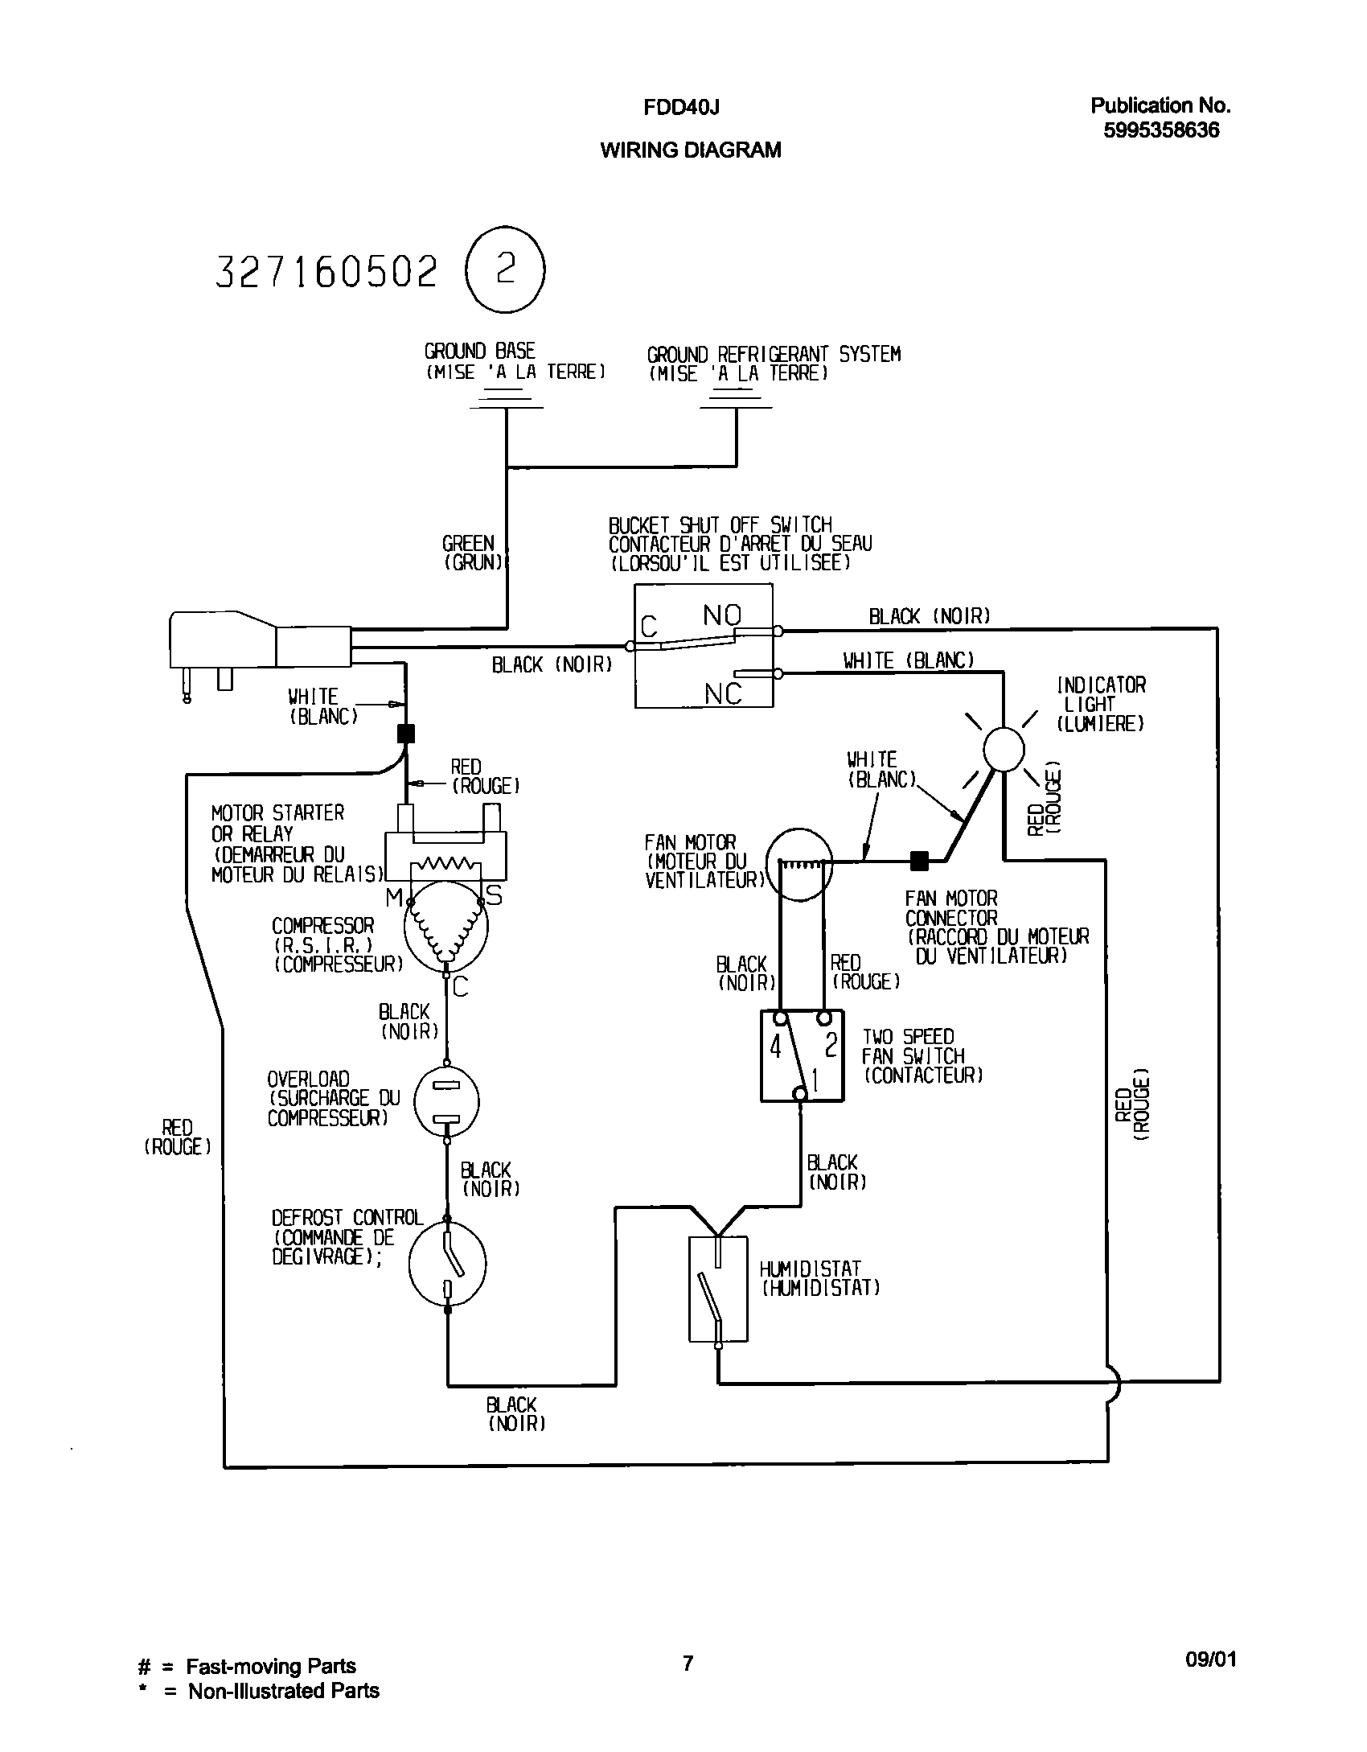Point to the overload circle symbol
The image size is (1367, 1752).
click(446, 1100)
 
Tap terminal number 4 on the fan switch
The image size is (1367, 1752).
click(776, 1047)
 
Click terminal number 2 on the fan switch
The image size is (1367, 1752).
click(831, 1045)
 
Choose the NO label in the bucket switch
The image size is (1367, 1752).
click(722, 615)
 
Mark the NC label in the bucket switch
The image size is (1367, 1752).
click(723, 693)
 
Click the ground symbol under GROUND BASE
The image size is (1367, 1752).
click(506, 398)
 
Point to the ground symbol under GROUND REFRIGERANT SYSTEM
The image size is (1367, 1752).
click(736, 398)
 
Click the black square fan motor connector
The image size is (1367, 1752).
click(918, 862)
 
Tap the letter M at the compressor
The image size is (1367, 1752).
click(394, 898)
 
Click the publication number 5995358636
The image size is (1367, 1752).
click(1161, 130)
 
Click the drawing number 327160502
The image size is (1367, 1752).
click(327, 272)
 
